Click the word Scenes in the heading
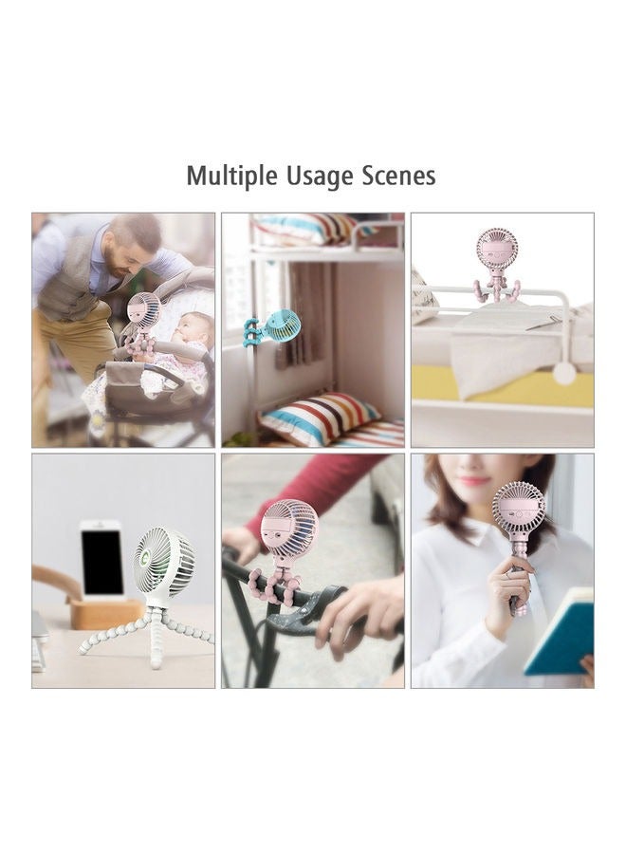click(x=398, y=176)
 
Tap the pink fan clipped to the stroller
click(x=144, y=311)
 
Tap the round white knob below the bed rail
click(x=564, y=373)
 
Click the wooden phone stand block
click(x=105, y=612)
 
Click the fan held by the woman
click(x=519, y=512)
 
